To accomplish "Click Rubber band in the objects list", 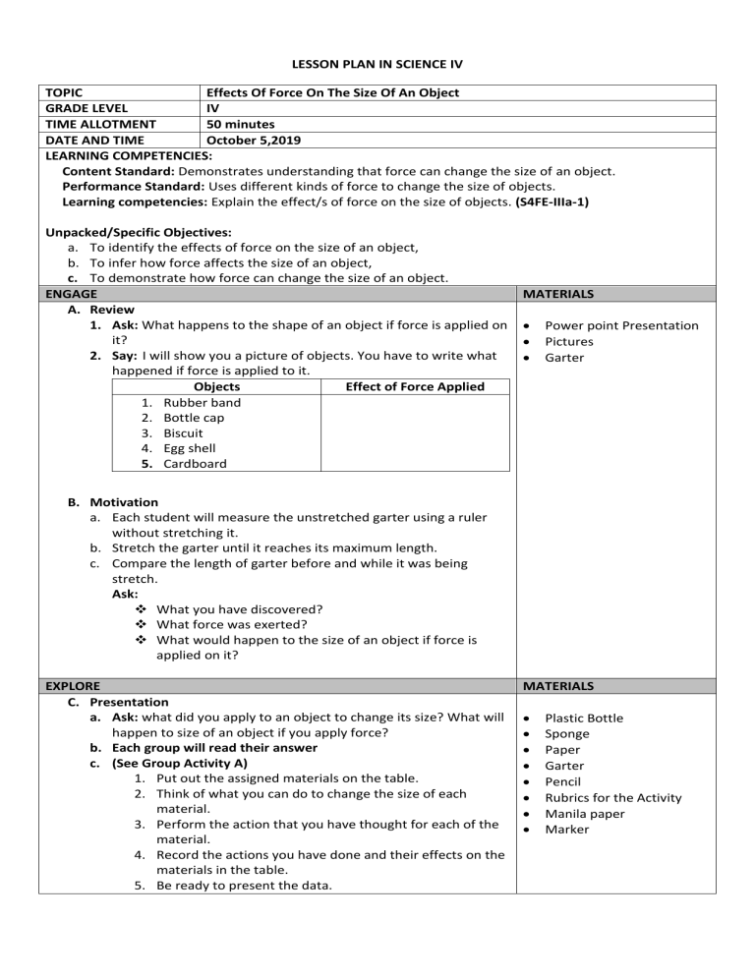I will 202,402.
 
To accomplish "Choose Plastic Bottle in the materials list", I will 583,718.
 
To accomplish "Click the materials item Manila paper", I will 586,813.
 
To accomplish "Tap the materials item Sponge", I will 567,734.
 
